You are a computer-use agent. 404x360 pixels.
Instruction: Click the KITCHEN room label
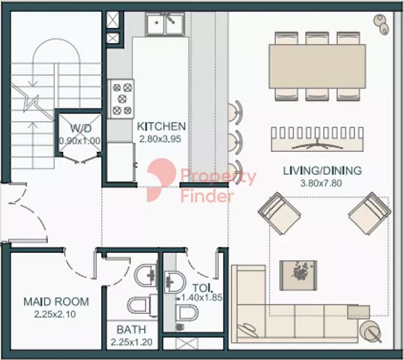point(161,126)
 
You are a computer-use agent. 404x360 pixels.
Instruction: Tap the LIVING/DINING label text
point(322,171)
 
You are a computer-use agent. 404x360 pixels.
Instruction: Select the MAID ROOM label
point(56,302)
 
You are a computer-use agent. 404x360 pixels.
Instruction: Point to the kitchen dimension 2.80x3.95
point(160,139)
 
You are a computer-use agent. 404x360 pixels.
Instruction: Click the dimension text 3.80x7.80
point(321,183)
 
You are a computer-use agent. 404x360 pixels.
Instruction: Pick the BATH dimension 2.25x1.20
point(132,342)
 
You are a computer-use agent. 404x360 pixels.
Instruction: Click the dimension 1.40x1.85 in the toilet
point(202,298)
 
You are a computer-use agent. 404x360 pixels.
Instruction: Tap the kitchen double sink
point(165,24)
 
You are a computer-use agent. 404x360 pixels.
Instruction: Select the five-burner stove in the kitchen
point(121,99)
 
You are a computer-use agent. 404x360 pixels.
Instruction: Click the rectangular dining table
point(318,66)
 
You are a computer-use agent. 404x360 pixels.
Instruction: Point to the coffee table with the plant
point(298,276)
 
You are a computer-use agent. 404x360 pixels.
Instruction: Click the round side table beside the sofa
point(370,331)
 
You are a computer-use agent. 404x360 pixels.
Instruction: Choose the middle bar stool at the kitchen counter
point(235,143)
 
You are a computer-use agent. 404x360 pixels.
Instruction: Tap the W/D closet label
point(81,128)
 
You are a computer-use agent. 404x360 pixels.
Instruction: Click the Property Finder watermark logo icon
point(162,180)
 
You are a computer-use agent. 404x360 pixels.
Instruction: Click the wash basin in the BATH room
point(146,276)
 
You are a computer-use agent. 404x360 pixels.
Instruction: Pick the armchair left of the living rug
point(279,214)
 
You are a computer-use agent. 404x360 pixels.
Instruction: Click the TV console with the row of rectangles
point(318,139)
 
